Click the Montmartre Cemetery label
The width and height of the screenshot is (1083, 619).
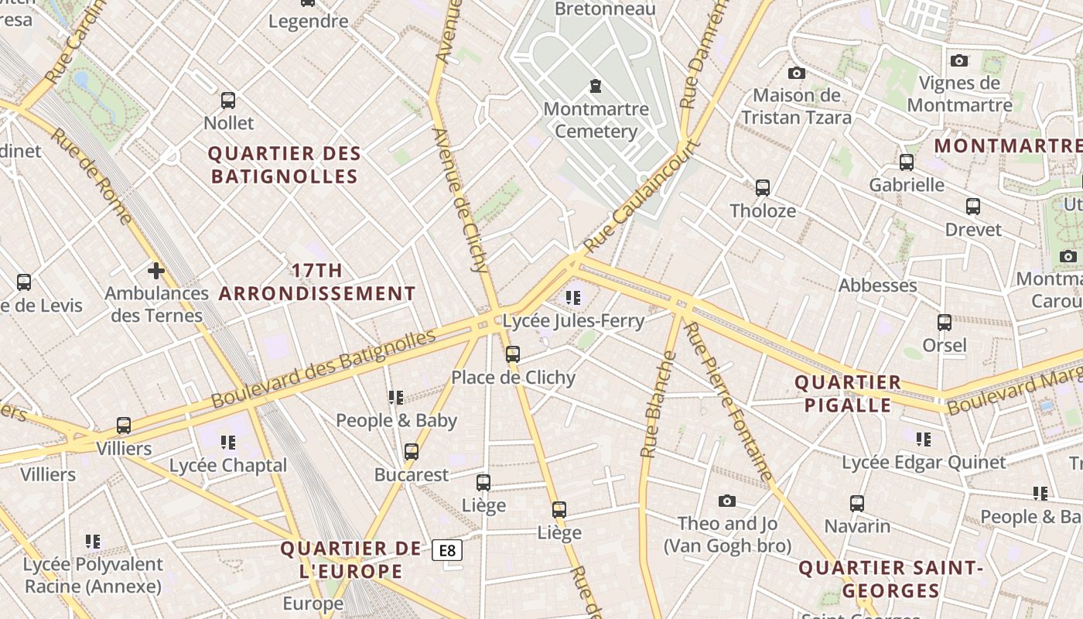click(596, 120)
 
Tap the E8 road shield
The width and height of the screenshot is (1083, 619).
click(447, 550)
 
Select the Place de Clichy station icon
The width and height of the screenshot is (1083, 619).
click(513, 354)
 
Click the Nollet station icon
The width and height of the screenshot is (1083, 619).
click(228, 101)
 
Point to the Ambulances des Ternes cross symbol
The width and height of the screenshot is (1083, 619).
click(156, 271)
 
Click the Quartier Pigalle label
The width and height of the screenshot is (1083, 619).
click(848, 393)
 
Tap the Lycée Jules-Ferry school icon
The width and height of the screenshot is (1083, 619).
click(573, 297)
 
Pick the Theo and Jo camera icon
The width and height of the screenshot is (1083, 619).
click(726, 501)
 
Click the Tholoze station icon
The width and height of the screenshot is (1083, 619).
click(763, 187)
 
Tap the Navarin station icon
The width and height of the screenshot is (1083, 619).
click(857, 504)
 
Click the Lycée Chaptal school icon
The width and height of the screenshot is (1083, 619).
click(228, 443)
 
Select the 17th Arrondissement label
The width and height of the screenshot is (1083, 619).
click(317, 282)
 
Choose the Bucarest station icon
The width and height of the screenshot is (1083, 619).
click(412, 452)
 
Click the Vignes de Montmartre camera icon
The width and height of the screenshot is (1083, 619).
click(959, 60)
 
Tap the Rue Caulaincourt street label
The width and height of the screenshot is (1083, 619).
click(642, 195)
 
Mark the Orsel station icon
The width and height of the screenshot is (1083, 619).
click(945, 323)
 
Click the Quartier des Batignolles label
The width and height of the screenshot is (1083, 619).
click(285, 165)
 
